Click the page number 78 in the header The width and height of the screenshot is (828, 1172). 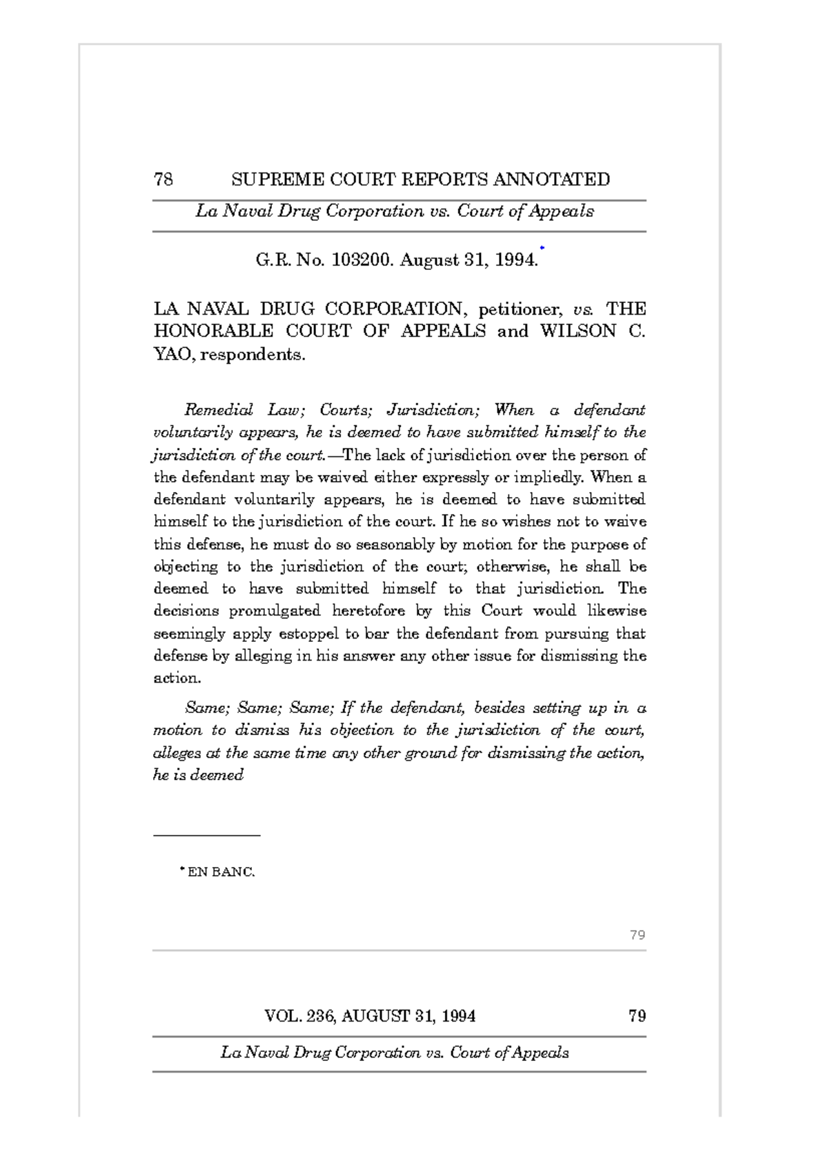coord(164,180)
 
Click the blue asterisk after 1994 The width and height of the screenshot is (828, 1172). coord(542,248)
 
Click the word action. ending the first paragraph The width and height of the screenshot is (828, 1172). coord(177,678)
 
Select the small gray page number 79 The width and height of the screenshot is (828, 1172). coord(637,935)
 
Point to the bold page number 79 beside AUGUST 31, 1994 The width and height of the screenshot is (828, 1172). coord(637,1016)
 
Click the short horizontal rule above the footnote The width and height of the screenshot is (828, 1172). coord(206,836)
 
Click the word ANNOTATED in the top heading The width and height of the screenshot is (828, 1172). coord(551,180)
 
